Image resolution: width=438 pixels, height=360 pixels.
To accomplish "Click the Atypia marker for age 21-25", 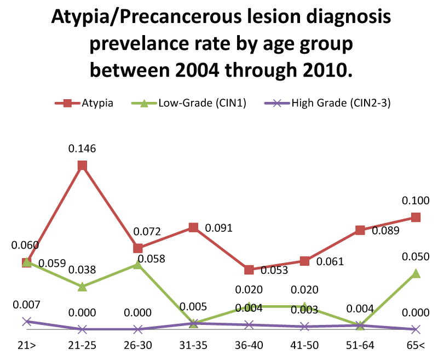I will (82, 165).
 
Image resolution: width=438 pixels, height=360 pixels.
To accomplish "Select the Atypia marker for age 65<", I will (416, 217).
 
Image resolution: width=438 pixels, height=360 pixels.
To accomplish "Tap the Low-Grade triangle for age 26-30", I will (138, 265).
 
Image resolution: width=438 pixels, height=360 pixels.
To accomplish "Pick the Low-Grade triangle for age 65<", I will (416, 273).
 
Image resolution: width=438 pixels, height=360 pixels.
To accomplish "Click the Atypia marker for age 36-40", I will (249, 270).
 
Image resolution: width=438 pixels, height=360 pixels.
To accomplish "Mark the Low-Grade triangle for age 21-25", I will (82, 287).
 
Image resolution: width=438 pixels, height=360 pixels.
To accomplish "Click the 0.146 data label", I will (82, 148).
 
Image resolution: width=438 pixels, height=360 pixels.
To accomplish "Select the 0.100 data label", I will (416, 200).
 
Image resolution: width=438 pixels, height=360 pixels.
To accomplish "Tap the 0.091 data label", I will (218, 228).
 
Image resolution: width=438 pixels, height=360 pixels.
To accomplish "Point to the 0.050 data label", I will (416, 256).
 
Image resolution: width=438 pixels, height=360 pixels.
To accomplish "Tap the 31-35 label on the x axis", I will (193, 346).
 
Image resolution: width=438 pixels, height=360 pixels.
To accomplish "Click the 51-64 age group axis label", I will (360, 346).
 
